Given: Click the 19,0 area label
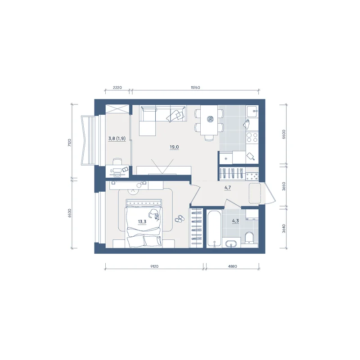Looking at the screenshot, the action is pos(174,147).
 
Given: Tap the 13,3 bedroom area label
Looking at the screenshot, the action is pos(142,222).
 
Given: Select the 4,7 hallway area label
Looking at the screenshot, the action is pos(228,188).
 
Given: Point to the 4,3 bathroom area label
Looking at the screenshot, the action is pos(235,221).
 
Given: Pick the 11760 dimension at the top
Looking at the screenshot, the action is pos(195,87).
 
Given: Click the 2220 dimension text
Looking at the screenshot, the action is pos(117,87).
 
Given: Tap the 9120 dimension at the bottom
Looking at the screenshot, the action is pos(154,266).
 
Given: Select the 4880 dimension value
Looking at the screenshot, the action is pos(232,266).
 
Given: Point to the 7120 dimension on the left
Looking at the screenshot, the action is pos(70,143).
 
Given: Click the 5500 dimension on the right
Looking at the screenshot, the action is pos(284,135).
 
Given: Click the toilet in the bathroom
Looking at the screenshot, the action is pos(249,238).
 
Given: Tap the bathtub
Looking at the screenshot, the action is pos(214,229).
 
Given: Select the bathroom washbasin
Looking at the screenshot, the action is pos(231,243).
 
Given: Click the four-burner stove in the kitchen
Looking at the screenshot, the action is pos(252,137).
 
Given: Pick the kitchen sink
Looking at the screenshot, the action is pos(252,111).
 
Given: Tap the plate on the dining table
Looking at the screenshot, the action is pos(210,119).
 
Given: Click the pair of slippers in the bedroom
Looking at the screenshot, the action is pos(179,219).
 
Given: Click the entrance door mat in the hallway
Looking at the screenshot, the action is pos(255,193).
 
